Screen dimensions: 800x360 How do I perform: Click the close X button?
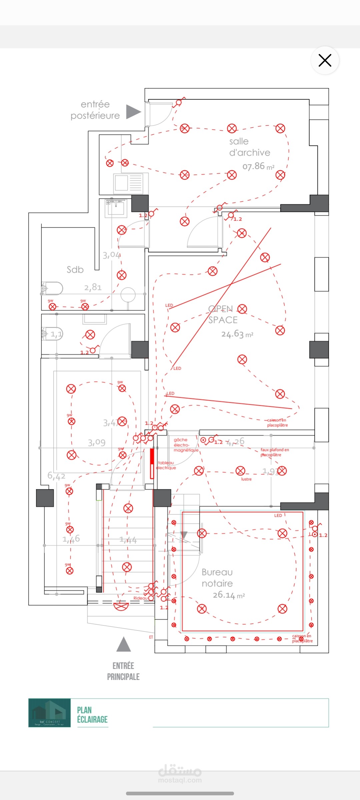pyautogui.click(x=325, y=60)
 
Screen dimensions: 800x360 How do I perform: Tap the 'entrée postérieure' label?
pyautogui.click(x=95, y=110)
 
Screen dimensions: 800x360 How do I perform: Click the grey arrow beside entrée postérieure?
pyautogui.click(x=133, y=112)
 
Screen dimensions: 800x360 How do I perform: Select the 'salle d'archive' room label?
pyautogui.click(x=249, y=147)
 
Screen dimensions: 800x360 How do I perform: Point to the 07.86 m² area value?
pyautogui.click(x=258, y=166)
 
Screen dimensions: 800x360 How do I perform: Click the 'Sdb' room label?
pyautogui.click(x=75, y=269)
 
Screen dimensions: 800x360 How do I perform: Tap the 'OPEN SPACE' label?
pyautogui.click(x=223, y=314)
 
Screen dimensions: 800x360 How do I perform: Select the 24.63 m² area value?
pyautogui.click(x=237, y=334)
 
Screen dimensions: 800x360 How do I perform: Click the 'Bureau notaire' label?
pyautogui.click(x=217, y=578)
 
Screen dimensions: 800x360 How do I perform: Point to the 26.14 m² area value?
pyautogui.click(x=229, y=595)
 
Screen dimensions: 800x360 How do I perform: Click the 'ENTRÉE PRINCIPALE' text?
pyautogui.click(x=123, y=671)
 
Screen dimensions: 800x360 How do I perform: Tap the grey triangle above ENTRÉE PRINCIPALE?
pyautogui.click(x=124, y=644)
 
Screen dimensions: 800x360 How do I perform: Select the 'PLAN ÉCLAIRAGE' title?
pyautogui.click(x=92, y=715)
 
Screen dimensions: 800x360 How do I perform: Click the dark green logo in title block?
pyautogui.click(x=49, y=713)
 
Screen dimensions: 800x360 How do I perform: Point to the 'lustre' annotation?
pyautogui.click(x=246, y=479)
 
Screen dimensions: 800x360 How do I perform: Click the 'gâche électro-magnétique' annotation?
pyautogui.click(x=186, y=445)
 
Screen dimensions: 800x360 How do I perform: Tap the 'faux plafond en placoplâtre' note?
pyautogui.click(x=274, y=452)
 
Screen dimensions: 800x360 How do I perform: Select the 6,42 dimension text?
pyautogui.click(x=56, y=476)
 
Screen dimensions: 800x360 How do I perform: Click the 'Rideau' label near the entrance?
pyautogui.click(x=140, y=598)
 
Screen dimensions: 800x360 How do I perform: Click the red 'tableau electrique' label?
pyautogui.click(x=166, y=465)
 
